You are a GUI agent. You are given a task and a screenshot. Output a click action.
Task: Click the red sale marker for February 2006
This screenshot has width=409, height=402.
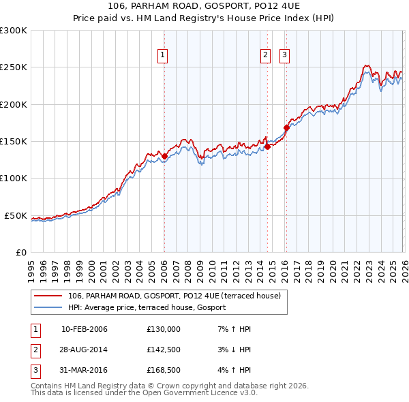(x=164, y=157)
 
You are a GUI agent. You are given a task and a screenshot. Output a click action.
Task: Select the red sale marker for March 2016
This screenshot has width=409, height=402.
(x=286, y=127)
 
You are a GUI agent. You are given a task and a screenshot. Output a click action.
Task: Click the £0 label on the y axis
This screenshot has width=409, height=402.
(x=20, y=252)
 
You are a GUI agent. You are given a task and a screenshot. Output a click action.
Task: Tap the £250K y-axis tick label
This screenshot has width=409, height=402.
(x=14, y=67)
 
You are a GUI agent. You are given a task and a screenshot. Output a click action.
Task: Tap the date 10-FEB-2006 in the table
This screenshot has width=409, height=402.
(x=85, y=329)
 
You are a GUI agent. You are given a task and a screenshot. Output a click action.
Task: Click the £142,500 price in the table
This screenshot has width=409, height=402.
(x=164, y=350)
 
